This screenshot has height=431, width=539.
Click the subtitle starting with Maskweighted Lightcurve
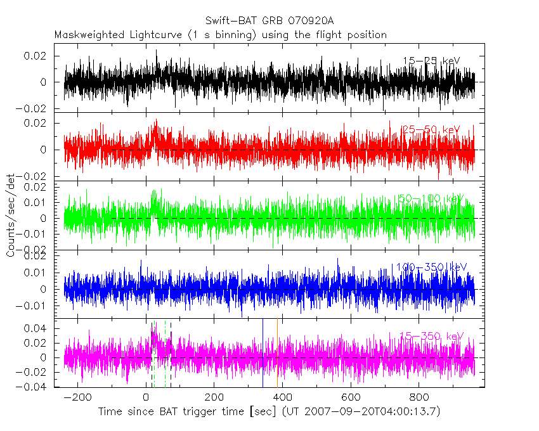pos(220,35)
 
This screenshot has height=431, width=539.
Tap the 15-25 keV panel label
pos(431,60)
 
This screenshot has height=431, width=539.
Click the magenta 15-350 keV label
pos(431,336)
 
